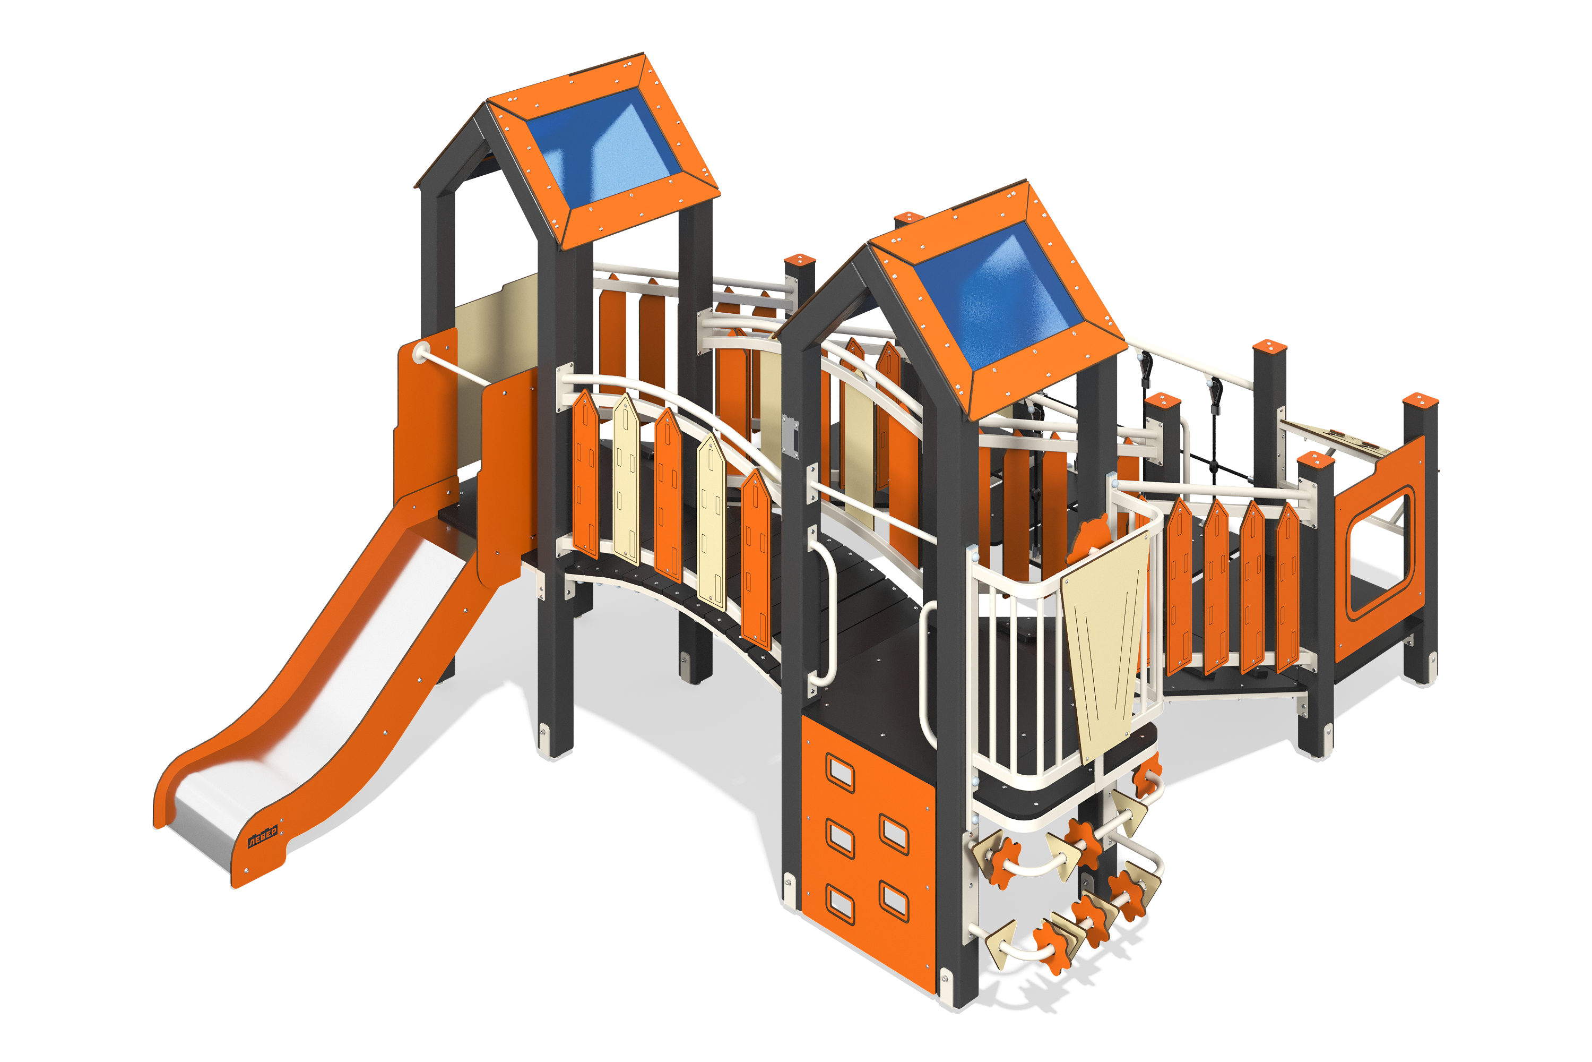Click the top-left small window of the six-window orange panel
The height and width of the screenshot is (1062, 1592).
pyautogui.click(x=840, y=772)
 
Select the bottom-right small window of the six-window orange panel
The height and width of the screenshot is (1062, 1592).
pyautogui.click(x=894, y=901)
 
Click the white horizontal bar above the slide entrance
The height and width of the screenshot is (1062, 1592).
pyautogui.click(x=454, y=370)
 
